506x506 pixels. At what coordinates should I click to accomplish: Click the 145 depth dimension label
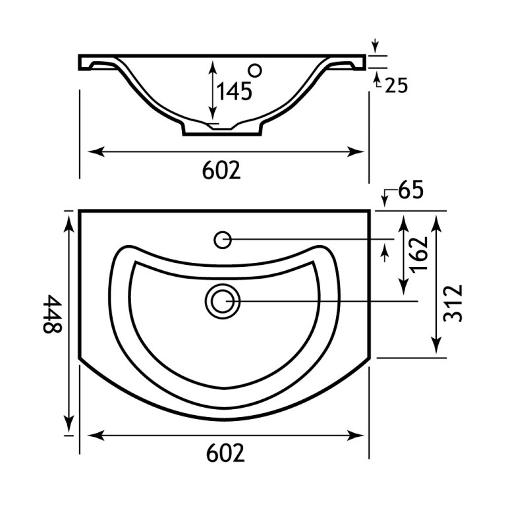point(234,91)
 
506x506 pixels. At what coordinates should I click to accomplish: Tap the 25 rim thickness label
point(397,86)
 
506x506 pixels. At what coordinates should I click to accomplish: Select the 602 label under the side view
point(221,170)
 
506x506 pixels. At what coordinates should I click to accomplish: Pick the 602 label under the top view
point(225,453)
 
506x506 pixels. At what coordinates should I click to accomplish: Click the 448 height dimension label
point(52,314)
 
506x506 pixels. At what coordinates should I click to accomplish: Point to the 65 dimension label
point(410,190)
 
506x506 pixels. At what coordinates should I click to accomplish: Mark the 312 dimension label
point(453,303)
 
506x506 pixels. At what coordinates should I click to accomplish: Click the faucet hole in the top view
point(223,240)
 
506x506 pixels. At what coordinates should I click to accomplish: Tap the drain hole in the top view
point(223,301)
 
